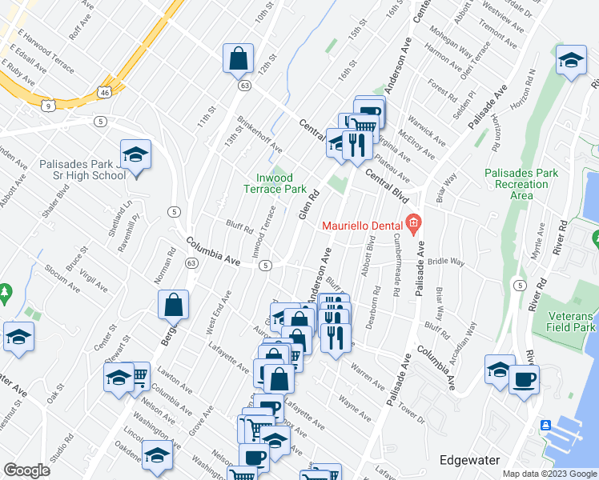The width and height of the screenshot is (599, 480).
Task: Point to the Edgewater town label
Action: click(x=470, y=460)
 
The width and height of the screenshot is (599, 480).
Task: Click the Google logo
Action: click(x=26, y=470)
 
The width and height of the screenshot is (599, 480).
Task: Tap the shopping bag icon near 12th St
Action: click(x=239, y=58)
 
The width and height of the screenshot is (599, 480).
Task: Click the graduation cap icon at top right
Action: click(x=570, y=62)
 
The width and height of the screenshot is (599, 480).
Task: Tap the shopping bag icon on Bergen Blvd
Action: click(x=174, y=305)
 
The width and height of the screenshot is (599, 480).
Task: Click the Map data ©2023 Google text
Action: click(x=549, y=474)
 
